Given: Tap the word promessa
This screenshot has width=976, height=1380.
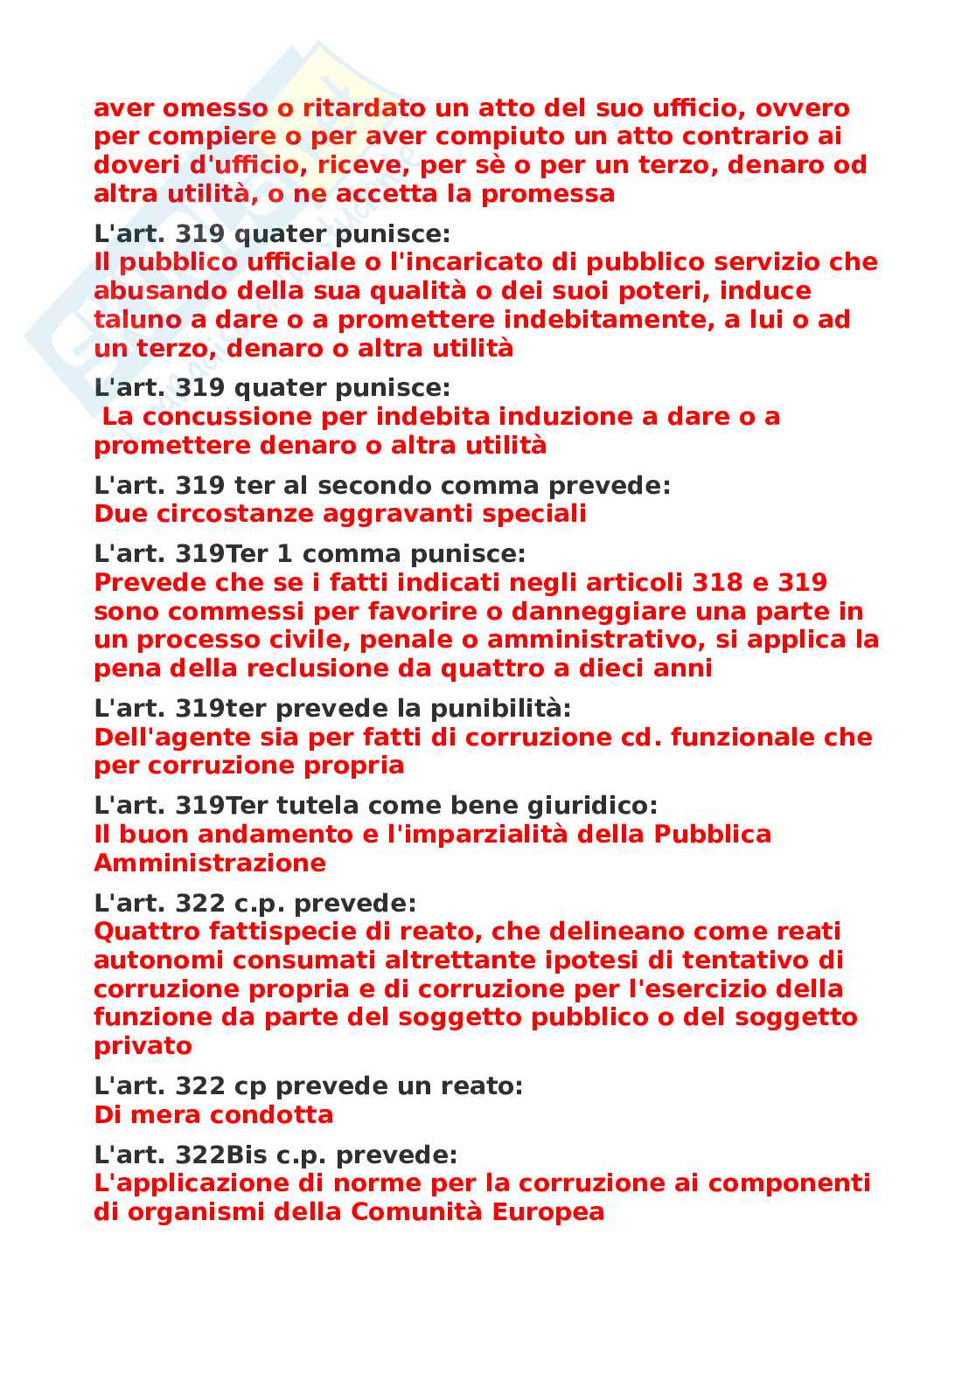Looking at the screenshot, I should click(x=548, y=194).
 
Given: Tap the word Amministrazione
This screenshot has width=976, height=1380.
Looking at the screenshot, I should click(x=210, y=863).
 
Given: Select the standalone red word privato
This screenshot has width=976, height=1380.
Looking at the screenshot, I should click(x=143, y=1046).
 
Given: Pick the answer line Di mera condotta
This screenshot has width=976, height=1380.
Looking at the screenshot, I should click(x=213, y=1115).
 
